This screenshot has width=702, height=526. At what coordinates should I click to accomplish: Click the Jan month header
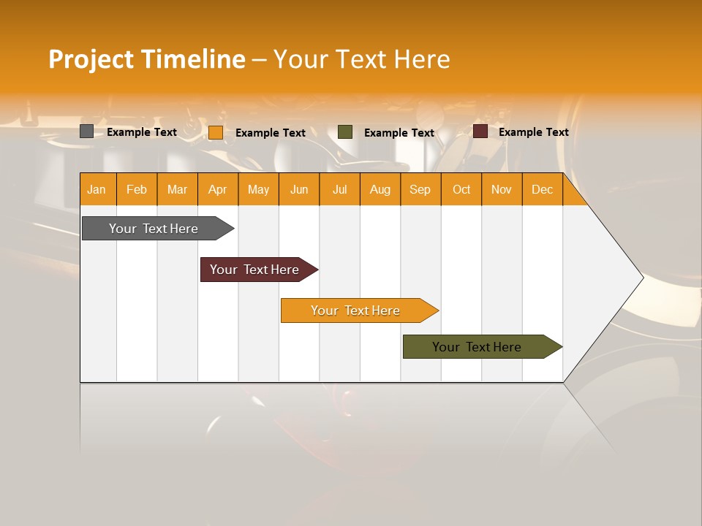point(97,189)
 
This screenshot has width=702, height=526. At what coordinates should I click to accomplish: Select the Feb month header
point(137,189)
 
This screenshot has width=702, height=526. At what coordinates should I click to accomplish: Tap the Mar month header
point(177,189)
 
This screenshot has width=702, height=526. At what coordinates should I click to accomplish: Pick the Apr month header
point(218,189)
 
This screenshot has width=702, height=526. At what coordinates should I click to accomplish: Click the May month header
point(258,189)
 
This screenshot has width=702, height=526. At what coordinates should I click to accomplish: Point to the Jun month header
point(299,189)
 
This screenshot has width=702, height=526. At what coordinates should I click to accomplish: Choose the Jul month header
point(339,189)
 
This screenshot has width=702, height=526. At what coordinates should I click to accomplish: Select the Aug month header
point(380,189)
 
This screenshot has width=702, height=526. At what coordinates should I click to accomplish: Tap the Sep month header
point(420,189)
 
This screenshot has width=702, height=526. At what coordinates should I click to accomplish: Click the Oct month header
point(461,189)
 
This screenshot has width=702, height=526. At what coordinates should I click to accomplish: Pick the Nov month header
point(502,189)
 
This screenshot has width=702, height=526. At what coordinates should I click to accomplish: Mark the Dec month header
point(543,189)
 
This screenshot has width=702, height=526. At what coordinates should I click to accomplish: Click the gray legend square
point(87,131)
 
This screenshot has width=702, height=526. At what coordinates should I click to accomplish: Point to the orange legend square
point(216,132)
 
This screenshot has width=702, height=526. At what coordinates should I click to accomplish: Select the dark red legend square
point(480,131)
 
